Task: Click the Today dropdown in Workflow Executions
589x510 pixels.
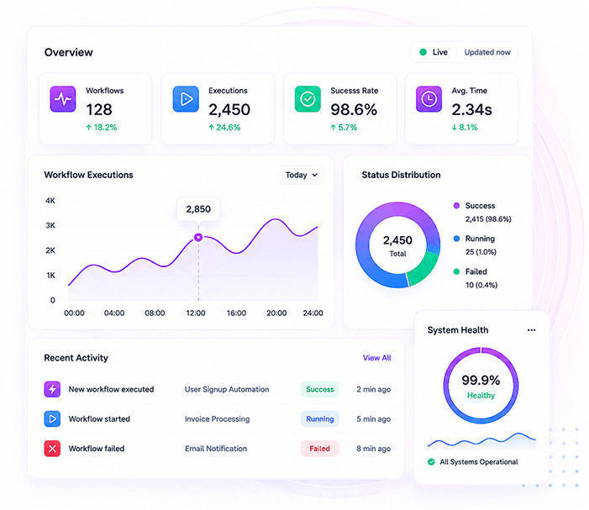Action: (x=301, y=175)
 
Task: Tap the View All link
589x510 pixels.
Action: (x=376, y=358)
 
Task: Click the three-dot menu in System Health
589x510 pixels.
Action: (x=531, y=330)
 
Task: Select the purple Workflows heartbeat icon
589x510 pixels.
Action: (x=63, y=99)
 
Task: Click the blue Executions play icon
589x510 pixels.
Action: (x=186, y=99)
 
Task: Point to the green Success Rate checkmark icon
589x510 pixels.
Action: (x=308, y=99)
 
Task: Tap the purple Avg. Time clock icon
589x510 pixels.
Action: (x=429, y=99)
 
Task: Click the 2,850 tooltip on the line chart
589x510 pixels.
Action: (x=198, y=209)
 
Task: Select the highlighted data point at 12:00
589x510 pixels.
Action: (x=198, y=237)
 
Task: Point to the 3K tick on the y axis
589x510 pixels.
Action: (x=50, y=225)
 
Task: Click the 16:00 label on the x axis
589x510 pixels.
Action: (x=236, y=313)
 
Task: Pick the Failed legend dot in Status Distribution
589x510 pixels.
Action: (x=456, y=271)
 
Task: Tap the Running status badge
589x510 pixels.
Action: (x=319, y=419)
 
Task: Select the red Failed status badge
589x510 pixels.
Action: (x=319, y=449)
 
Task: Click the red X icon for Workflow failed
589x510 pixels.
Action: (x=52, y=449)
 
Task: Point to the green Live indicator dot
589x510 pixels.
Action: (x=423, y=52)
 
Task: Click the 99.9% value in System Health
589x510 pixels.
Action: (x=481, y=381)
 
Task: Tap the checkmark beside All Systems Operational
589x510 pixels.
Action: (x=431, y=462)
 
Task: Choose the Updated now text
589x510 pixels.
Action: (x=487, y=52)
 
